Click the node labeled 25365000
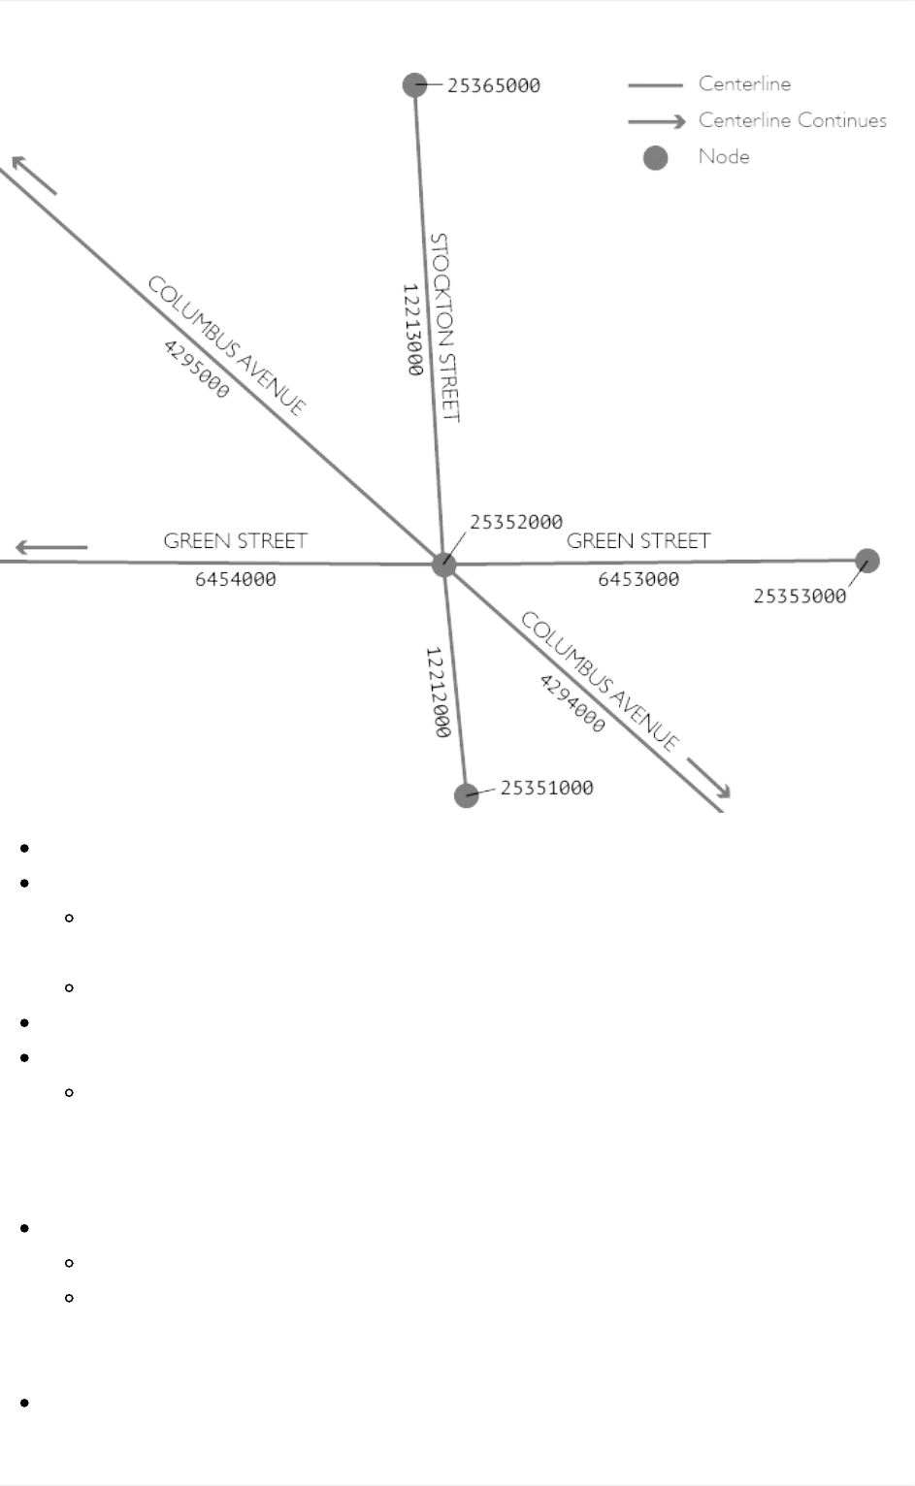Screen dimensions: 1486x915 click(415, 85)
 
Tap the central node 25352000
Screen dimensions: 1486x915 click(444, 564)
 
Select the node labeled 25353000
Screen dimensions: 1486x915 click(866, 561)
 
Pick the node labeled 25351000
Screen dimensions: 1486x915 click(467, 794)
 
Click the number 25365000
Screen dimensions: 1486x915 click(493, 85)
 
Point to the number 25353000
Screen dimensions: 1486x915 click(800, 596)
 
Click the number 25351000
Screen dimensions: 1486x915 click(546, 788)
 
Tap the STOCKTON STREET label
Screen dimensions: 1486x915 click(443, 327)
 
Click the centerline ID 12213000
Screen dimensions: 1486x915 click(412, 330)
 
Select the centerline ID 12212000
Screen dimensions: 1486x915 click(439, 693)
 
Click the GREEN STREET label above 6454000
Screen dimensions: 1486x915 click(235, 540)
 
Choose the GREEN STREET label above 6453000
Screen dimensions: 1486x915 click(638, 540)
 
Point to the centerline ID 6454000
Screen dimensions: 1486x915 click(235, 579)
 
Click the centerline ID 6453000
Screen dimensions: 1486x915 click(638, 579)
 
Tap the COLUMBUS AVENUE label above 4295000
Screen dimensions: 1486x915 click(227, 345)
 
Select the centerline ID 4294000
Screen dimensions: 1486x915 click(572, 703)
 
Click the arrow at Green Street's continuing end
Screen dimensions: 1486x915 click(50, 548)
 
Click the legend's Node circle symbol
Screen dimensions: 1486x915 click(656, 157)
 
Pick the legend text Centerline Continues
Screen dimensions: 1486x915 click(792, 120)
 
